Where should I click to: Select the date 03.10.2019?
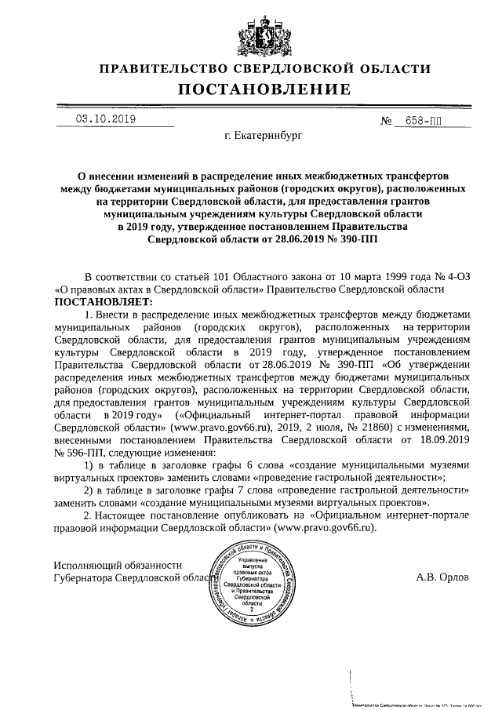pyautogui.click(x=106, y=119)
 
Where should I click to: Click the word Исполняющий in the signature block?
pyautogui.click(x=86, y=565)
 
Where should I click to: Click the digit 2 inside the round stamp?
pyautogui.click(x=252, y=608)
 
